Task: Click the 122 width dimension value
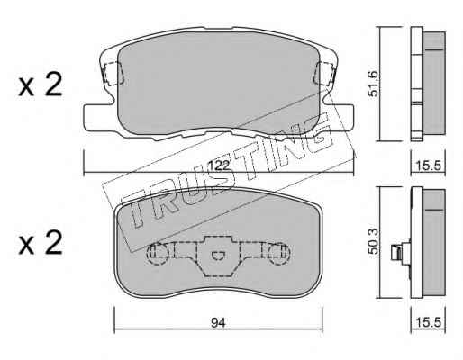(x=219, y=166)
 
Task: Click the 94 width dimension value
(x=218, y=323)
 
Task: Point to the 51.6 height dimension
(x=373, y=84)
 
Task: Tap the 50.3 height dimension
(x=374, y=241)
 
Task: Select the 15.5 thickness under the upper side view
(x=428, y=166)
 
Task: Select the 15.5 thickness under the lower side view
(x=428, y=322)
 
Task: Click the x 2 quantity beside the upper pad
(x=41, y=85)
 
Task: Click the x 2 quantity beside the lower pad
(x=41, y=243)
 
